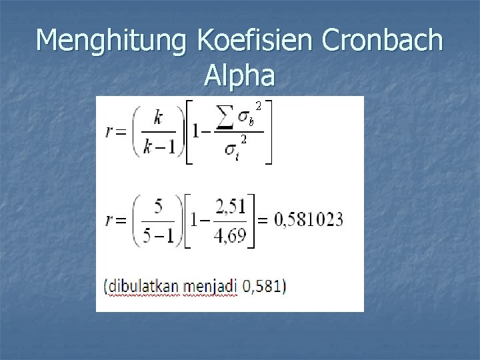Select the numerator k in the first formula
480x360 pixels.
[x=157, y=118]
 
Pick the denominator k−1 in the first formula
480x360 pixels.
[x=158, y=147]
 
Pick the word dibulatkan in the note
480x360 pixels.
[x=141, y=287]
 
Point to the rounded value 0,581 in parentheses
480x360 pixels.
[x=263, y=287]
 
